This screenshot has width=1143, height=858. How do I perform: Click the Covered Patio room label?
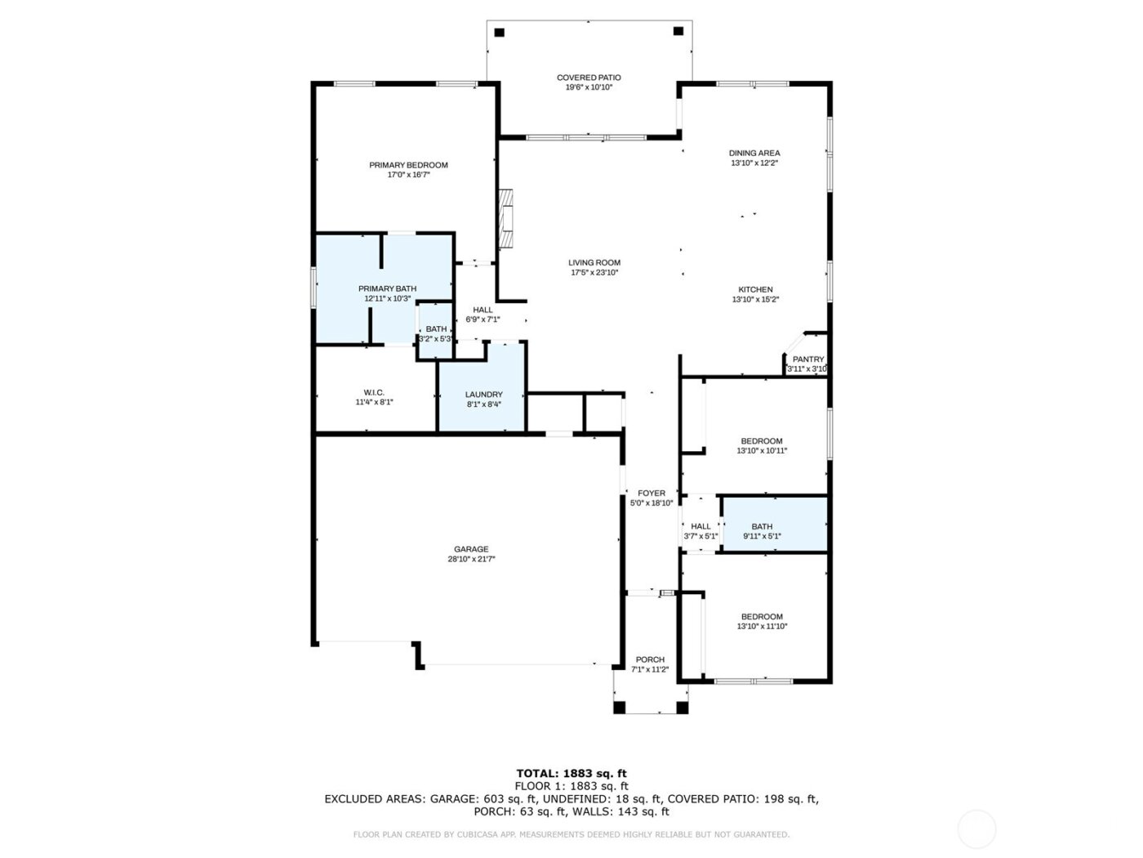point(589,78)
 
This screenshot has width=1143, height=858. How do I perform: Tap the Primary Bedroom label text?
point(408,165)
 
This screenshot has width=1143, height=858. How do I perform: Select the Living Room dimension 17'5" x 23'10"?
point(594,273)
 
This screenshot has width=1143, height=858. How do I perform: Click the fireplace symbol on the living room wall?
point(507,218)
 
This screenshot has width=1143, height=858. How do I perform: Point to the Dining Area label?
point(754,153)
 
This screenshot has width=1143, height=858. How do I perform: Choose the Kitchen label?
point(755,289)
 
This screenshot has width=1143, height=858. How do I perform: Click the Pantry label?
point(808,360)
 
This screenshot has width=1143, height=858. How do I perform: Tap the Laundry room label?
point(483,395)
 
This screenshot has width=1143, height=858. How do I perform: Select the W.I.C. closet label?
point(374,393)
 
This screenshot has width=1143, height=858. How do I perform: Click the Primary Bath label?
point(387,288)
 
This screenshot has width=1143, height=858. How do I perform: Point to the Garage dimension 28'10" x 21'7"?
point(471,559)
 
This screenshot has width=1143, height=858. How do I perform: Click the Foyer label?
point(652,494)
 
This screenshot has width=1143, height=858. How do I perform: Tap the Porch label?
point(650,659)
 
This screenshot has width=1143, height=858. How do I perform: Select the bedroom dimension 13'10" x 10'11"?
point(762,450)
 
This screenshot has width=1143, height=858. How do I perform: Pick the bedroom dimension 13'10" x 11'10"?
point(762,627)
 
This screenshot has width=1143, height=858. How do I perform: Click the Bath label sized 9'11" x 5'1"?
point(762,527)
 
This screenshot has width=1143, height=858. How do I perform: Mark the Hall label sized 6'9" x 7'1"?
point(483,310)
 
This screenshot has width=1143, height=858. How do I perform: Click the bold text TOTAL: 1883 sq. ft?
point(571,773)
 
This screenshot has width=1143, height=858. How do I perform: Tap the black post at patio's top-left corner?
point(500,33)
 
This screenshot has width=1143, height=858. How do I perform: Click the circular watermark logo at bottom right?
point(976,829)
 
